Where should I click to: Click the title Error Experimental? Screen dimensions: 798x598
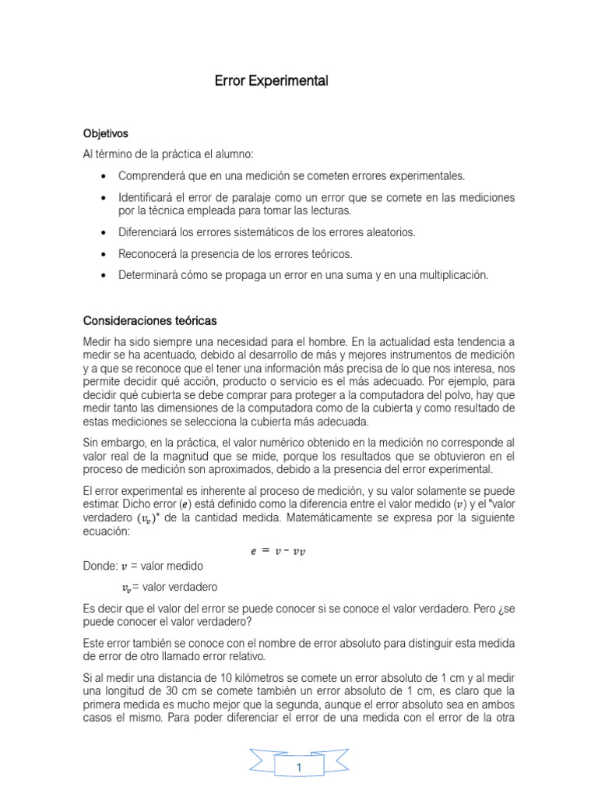(x=272, y=81)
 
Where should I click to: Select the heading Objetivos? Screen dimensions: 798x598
(x=106, y=133)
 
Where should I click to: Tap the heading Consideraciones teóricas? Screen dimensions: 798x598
(x=150, y=321)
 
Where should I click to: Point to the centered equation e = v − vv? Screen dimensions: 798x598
(x=278, y=552)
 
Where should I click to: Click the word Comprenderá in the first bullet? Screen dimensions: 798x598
(x=151, y=176)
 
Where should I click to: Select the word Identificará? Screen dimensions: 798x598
(x=147, y=198)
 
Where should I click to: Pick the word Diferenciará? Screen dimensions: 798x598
(x=149, y=232)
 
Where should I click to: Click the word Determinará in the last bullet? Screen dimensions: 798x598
(x=150, y=275)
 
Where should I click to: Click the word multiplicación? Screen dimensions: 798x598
(x=452, y=275)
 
